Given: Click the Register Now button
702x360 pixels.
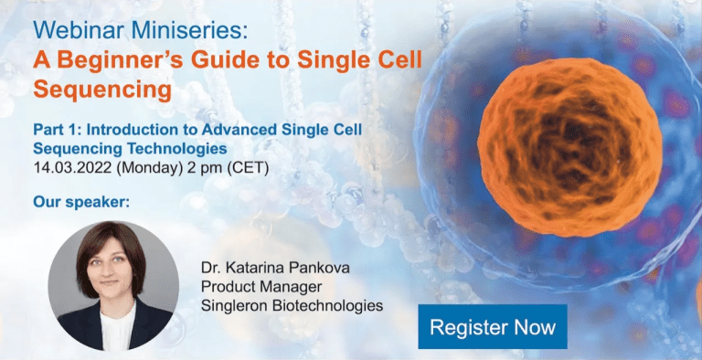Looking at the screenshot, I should coord(493,326).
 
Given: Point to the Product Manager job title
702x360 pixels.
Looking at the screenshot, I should coord(258,286).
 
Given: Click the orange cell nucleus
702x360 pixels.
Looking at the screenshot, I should coord(569,135).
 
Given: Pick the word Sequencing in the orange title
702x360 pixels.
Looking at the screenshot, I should coord(101,90).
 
